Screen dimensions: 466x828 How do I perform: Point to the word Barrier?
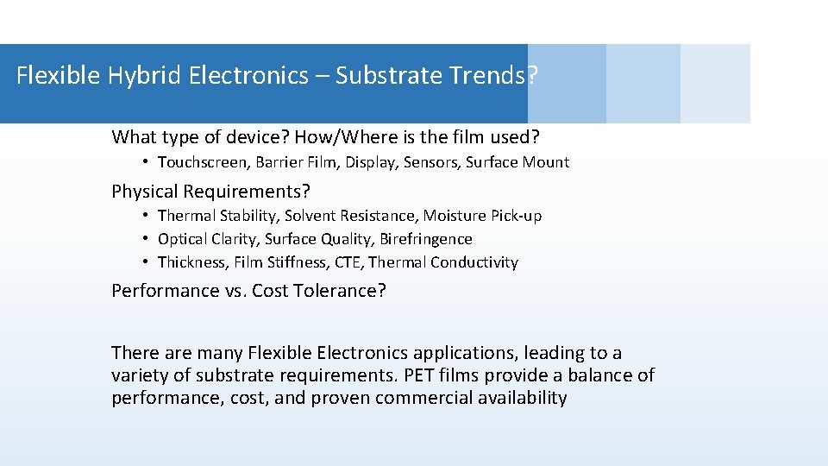pyautogui.click(x=279, y=162)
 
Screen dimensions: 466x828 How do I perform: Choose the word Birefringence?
pyautogui.click(x=428, y=239)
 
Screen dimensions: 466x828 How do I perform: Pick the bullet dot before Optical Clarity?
pyautogui.click(x=148, y=239)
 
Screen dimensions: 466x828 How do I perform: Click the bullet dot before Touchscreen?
pyautogui.click(x=148, y=162)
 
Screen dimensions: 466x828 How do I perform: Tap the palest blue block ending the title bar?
pyautogui.click(x=715, y=84)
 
